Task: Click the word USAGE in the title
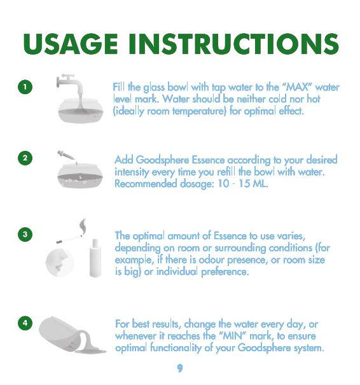pyautogui.click(x=70, y=44)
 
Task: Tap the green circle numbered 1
pyautogui.click(x=25, y=87)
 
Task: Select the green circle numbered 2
pyautogui.click(x=25, y=158)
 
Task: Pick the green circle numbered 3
pyautogui.click(x=25, y=234)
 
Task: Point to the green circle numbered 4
pyautogui.click(x=25, y=323)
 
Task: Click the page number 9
pyautogui.click(x=180, y=368)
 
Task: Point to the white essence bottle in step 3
pyautogui.click(x=95, y=258)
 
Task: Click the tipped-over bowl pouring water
pyautogui.click(x=71, y=335)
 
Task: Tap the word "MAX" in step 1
pyautogui.click(x=297, y=87)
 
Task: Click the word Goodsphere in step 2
pyautogui.click(x=162, y=160)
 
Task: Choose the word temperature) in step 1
pyautogui.click(x=199, y=111)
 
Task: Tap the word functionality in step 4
pyautogui.click(x=176, y=348)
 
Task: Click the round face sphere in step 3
pyautogui.click(x=59, y=263)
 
